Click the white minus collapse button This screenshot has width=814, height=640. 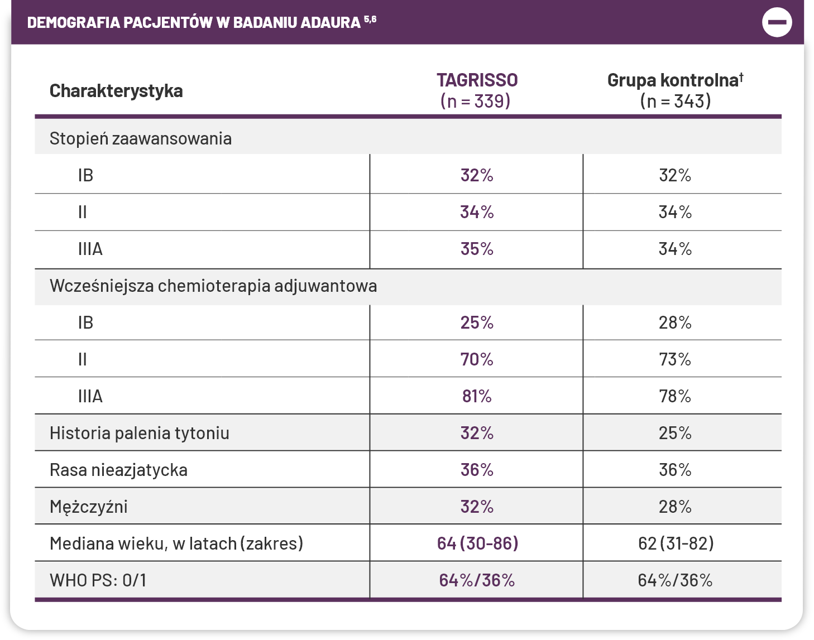[x=777, y=22]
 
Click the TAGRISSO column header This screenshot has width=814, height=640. [x=477, y=80]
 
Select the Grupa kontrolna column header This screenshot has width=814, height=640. [x=674, y=80]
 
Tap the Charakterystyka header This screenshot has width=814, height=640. [x=116, y=91]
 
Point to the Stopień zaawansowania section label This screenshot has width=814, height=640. [x=141, y=138]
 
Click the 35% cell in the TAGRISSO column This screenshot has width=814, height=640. [x=477, y=249]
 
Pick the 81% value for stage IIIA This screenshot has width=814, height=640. [x=477, y=396]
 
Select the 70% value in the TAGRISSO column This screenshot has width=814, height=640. [x=477, y=359]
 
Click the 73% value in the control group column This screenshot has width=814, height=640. [x=675, y=359]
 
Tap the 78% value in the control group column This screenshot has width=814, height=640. [x=675, y=396]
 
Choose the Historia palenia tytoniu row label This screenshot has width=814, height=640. [x=140, y=433]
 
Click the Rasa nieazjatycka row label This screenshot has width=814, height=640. [x=118, y=470]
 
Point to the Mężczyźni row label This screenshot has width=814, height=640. [x=89, y=507]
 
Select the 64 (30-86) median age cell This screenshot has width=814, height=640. [x=477, y=543]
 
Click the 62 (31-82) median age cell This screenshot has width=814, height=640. [x=676, y=543]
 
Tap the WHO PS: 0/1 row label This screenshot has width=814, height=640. [x=98, y=580]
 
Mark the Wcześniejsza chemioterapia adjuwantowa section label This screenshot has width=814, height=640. [x=213, y=286]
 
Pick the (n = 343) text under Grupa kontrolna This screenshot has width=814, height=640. [x=676, y=101]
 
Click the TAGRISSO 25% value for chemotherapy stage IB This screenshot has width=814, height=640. [x=477, y=323]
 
